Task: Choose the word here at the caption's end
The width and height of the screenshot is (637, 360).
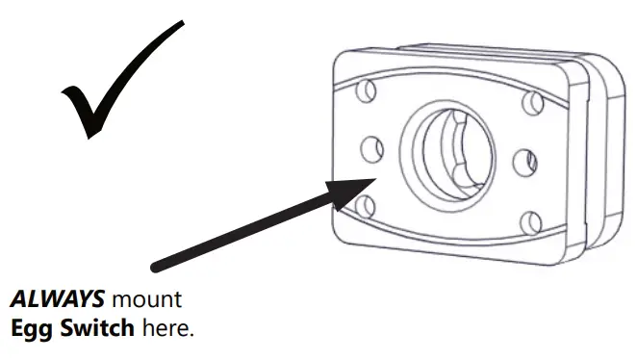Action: tap(167, 329)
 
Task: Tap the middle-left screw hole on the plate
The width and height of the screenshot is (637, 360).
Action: tap(371, 148)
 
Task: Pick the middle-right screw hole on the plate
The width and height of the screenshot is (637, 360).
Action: tap(523, 162)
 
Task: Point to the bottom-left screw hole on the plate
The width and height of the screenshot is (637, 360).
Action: tap(364, 205)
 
